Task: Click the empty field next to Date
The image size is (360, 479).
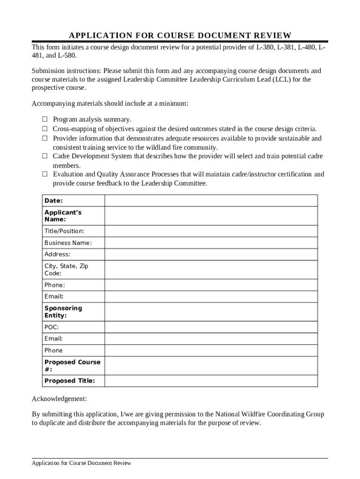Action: tap(211, 201)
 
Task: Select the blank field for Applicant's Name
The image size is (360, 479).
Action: tap(211, 216)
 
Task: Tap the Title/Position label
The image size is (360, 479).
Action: tap(64, 231)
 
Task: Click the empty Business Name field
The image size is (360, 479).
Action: tap(211, 243)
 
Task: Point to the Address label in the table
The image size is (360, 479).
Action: tap(57, 254)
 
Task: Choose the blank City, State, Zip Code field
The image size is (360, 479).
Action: tap(211, 269)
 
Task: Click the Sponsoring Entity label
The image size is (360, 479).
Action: tap(63, 312)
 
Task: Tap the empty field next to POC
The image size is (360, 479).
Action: tap(211, 327)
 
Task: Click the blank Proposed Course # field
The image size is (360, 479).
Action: tap(211, 366)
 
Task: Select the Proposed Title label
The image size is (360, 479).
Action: tap(69, 381)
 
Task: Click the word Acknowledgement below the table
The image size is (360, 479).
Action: tap(59, 399)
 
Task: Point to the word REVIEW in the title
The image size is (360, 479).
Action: tap(272, 36)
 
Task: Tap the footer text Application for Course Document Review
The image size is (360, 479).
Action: tap(81, 463)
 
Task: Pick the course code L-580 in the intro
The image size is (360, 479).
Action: tap(66, 56)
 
